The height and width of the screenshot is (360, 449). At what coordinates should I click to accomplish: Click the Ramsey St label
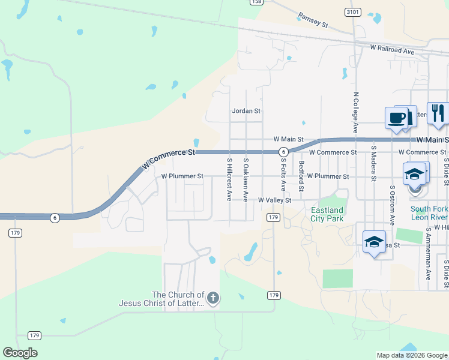click(x=313, y=20)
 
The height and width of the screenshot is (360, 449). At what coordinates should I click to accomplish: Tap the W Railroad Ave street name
click(x=392, y=50)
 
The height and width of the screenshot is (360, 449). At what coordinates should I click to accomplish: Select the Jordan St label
click(x=246, y=111)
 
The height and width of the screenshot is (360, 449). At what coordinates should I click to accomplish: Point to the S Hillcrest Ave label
click(x=229, y=179)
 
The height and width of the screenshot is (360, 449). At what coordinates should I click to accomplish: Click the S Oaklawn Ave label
click(x=246, y=179)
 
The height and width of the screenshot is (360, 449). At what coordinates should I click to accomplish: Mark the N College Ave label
click(x=356, y=112)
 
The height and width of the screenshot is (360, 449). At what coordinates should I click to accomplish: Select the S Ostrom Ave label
click(x=392, y=205)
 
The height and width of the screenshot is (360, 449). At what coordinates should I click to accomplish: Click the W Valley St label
click(x=274, y=200)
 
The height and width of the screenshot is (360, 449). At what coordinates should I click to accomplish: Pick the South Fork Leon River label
click(x=429, y=213)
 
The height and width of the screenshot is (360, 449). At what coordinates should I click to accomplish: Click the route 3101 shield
click(x=353, y=12)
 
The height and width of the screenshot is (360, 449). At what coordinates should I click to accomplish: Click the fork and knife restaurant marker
click(x=437, y=114)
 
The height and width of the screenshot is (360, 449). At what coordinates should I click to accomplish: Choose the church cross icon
click(x=212, y=298)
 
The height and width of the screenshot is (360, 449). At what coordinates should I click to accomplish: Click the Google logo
click(x=20, y=353)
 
